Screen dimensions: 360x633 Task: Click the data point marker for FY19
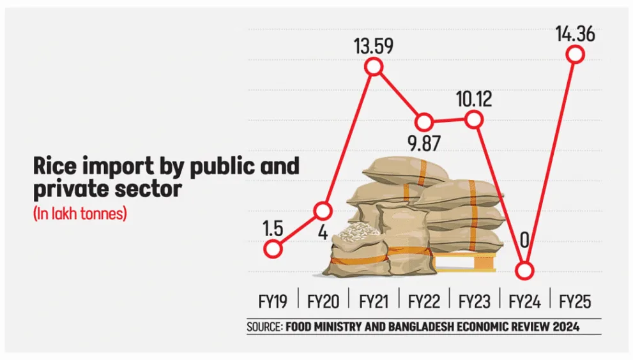pos(273,249)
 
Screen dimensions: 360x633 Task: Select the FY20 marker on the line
pos(324,209)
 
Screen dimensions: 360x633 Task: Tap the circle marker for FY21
pos(374,67)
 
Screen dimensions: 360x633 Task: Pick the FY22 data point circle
pos(424,122)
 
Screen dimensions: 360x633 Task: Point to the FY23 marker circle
pos(473,119)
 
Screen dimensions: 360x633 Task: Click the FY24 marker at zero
pos(524,271)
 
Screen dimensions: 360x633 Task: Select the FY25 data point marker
pos(575,54)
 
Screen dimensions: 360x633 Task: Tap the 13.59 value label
pos(374,47)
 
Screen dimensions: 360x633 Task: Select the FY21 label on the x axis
pos(374,301)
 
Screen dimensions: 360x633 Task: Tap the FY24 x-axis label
pos(524,301)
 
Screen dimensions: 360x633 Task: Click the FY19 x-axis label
pos(272,301)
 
